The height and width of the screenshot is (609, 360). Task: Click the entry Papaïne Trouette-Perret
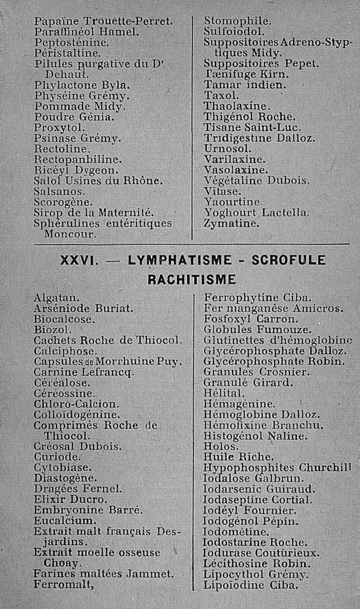pos(103,21)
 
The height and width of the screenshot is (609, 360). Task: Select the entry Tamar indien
pos(245,85)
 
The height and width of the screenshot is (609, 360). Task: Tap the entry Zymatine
pos(231,224)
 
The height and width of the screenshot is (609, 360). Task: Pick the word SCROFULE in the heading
pos(288,261)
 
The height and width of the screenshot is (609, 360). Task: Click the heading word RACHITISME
pos(192,279)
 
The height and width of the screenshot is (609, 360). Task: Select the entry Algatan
pos(57,298)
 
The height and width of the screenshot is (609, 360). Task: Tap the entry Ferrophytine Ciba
pos(257,298)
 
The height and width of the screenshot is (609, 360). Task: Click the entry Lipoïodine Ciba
pos(251,585)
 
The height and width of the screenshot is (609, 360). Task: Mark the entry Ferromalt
pos(63,585)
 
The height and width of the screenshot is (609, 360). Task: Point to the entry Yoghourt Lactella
pos(256,213)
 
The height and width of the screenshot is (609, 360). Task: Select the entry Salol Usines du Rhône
pos(98,181)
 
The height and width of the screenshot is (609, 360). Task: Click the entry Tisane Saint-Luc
pos(252,127)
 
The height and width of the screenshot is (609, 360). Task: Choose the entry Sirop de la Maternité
pos(95,213)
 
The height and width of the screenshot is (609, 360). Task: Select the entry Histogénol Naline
pos(256,436)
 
